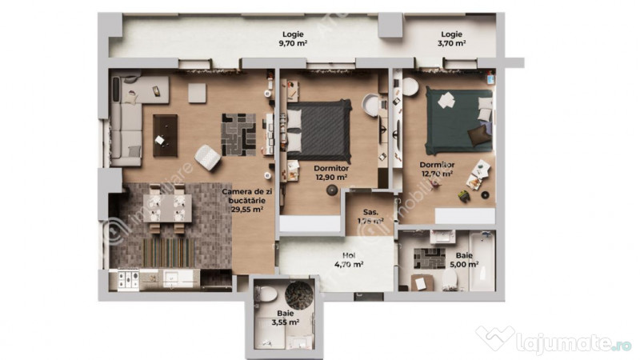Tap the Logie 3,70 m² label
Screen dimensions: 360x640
tap(452, 39)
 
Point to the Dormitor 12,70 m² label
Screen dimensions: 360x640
tap(437, 170)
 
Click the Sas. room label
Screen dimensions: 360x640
tap(370, 215)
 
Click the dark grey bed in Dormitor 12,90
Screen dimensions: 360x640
tap(318, 130)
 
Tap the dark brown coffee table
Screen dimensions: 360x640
tap(165, 134)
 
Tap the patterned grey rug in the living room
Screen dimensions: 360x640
tap(238, 134)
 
